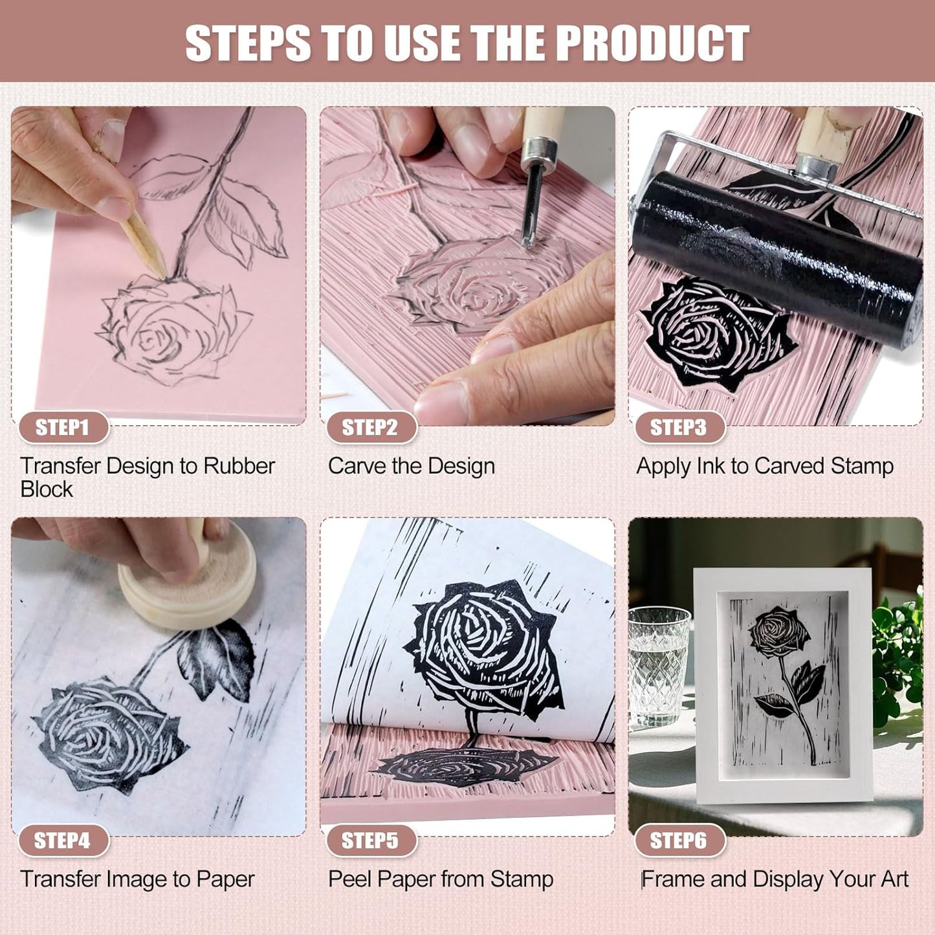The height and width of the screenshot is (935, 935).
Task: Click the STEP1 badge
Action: coord(62,428)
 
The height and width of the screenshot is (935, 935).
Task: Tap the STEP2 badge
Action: coord(370,428)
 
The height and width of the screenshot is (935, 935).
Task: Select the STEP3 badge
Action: coord(678,428)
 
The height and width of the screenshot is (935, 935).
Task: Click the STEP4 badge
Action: coord(62,841)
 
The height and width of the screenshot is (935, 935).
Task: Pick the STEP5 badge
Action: coord(370,841)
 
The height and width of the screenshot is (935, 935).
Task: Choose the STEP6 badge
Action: coord(678,841)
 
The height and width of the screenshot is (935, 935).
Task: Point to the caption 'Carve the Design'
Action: coord(411,466)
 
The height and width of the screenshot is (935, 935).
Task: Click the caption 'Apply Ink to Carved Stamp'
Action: coord(765,466)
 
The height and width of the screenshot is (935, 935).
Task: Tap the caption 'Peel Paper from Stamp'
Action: coord(441,879)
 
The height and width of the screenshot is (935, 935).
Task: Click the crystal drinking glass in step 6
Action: coord(658,663)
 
